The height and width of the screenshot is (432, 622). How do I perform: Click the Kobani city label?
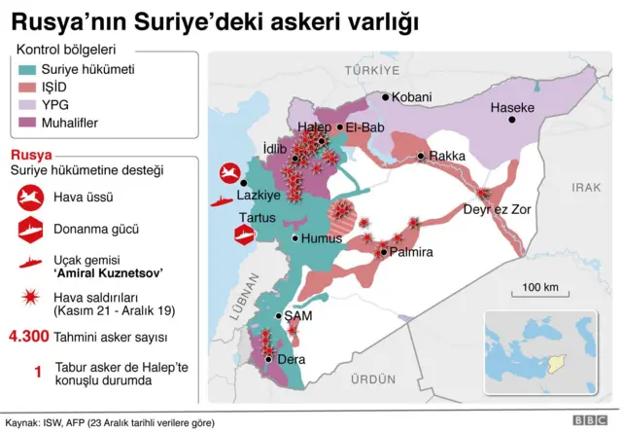coord(412,97)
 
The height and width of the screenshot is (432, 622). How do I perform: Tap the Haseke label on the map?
coord(512,108)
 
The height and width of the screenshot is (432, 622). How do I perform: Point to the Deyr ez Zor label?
coord(497,208)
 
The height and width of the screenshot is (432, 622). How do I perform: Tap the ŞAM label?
coord(298,316)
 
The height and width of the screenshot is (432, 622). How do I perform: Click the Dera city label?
coord(291,359)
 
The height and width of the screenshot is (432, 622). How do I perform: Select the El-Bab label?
coord(365,126)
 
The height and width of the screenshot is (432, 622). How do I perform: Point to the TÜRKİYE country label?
coord(371,71)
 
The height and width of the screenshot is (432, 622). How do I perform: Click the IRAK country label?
coord(586,187)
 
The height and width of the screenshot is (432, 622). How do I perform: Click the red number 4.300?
coord(35,338)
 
